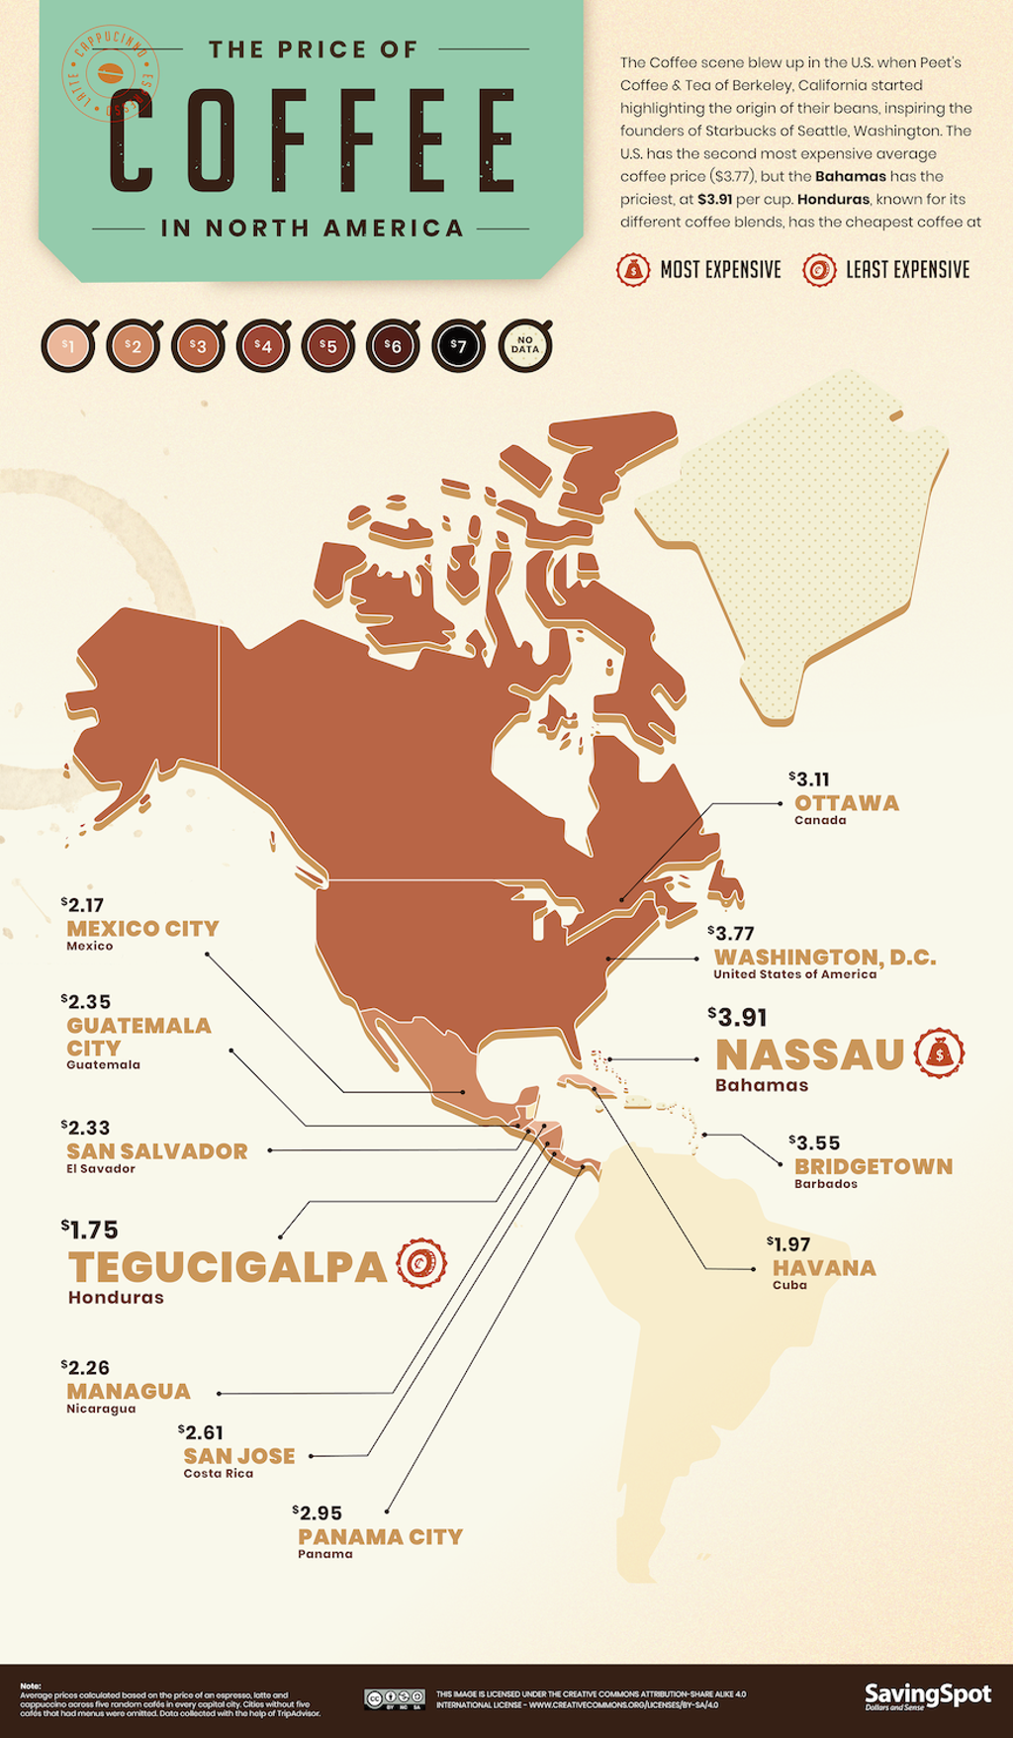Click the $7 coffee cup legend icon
point(458,347)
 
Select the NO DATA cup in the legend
point(524,346)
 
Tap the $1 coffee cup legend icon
point(68,347)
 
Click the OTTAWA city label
point(847,803)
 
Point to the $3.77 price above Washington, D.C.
point(732,933)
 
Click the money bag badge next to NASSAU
point(939,1053)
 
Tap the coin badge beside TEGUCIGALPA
point(421,1263)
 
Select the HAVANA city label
point(824,1268)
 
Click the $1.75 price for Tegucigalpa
point(90,1230)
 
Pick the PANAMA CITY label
point(380,1537)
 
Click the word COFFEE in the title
point(313,140)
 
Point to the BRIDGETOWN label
point(874,1166)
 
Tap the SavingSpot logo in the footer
point(927,1695)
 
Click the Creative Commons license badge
point(395,1699)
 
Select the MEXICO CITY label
point(142,929)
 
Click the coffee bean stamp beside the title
point(109,73)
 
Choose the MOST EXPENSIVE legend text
point(720,270)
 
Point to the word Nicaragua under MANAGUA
point(101,1409)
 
